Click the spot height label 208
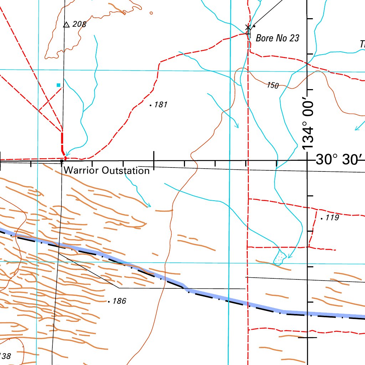point(79,24)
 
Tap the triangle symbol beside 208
point(66,25)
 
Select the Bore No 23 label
point(277,38)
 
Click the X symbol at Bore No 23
point(248,27)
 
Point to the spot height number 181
point(161,105)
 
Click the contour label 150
point(273,85)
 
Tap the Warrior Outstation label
point(107,170)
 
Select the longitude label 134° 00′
point(308,125)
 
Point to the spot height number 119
point(332,217)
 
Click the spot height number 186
point(119,301)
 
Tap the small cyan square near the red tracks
point(58,85)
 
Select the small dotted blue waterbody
point(280,257)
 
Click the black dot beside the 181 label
point(151,106)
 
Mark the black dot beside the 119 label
point(322,219)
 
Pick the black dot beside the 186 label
point(109,302)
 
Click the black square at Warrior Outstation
point(62,161)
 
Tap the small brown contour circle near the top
point(151,13)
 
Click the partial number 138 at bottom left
point(5,356)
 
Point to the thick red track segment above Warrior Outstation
point(62,141)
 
